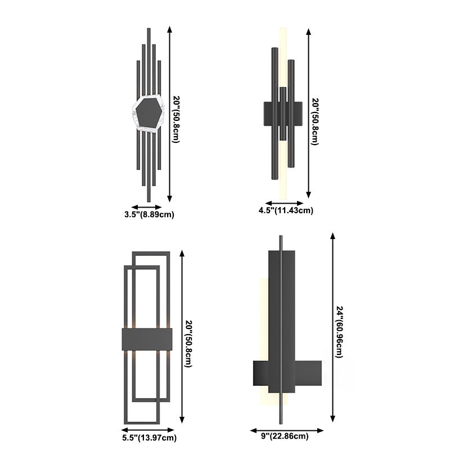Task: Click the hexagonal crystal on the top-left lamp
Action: pos(148,114)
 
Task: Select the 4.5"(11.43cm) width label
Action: pos(285,210)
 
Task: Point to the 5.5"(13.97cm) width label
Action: pos(148,438)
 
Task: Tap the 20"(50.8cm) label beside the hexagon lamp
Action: pos(177,119)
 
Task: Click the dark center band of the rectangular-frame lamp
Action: pos(146,339)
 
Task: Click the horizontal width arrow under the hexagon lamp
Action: pos(147,206)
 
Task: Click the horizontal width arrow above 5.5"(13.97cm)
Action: pos(147,429)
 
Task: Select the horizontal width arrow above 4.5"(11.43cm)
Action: pos(285,203)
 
